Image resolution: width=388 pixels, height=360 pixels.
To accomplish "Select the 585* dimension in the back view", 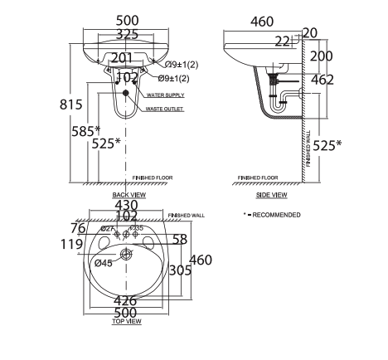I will pos(86,130).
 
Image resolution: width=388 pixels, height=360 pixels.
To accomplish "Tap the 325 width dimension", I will pos(127,36).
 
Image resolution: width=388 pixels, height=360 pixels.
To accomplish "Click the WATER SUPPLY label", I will pos(164,95).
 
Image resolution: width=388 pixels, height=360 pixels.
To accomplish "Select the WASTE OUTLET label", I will pos(164,109).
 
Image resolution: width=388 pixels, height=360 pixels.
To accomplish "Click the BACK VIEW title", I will pos(129,195).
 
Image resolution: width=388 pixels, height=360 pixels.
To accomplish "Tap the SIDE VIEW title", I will pos(271,195).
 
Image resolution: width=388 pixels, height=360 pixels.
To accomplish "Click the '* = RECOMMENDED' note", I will pos(272,215).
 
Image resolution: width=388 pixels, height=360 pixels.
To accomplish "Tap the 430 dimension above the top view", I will pos(127,205).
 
